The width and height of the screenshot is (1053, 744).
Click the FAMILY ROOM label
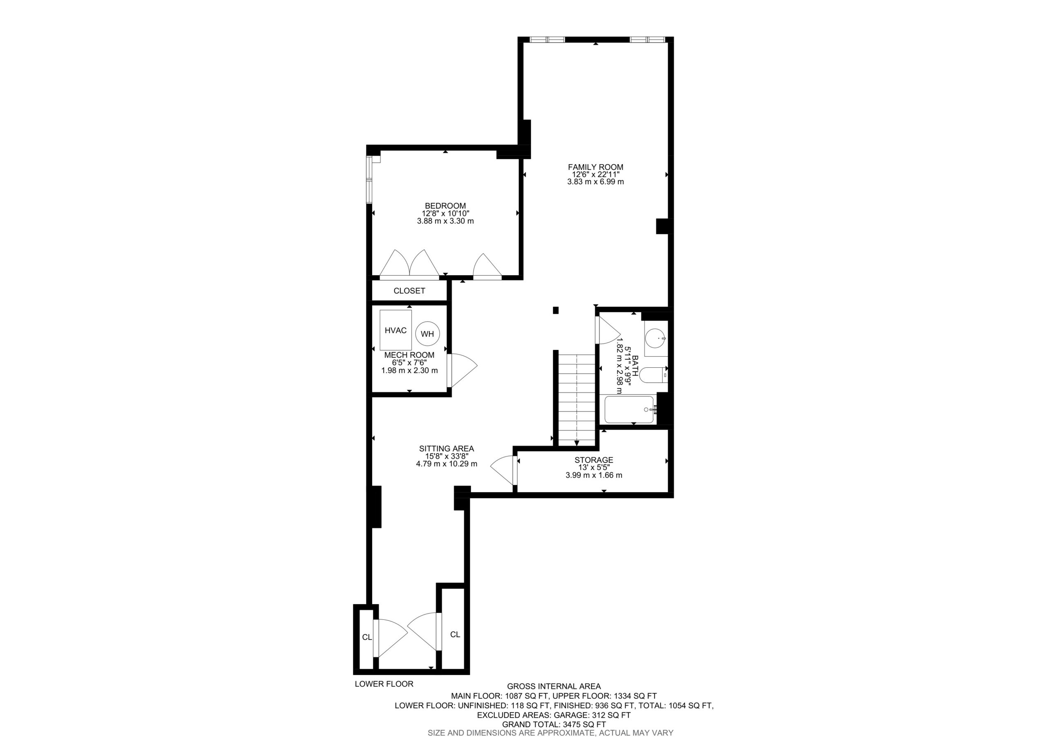[x=595, y=167]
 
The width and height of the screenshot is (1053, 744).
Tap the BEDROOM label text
[x=445, y=206]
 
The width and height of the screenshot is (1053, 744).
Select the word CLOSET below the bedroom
[x=409, y=291]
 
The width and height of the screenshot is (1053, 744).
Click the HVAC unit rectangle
[x=395, y=330]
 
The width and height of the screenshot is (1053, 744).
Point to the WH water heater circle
[x=427, y=334]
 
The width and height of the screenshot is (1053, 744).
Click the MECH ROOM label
[x=409, y=355]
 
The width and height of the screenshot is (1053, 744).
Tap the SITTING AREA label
[x=446, y=449]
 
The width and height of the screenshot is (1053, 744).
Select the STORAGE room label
[x=594, y=460]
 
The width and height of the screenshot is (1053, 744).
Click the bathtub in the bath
[x=629, y=409]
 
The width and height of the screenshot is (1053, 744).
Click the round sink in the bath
[x=655, y=338]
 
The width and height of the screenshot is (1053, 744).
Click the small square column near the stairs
[x=555, y=310]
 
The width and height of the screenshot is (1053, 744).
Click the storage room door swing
[x=503, y=470]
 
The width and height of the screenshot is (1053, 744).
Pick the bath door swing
[x=608, y=330]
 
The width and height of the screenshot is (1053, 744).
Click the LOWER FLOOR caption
[x=384, y=697]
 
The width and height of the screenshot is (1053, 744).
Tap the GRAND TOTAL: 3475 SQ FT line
[x=554, y=724]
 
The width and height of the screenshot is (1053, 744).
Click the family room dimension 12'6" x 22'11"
[x=595, y=175]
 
